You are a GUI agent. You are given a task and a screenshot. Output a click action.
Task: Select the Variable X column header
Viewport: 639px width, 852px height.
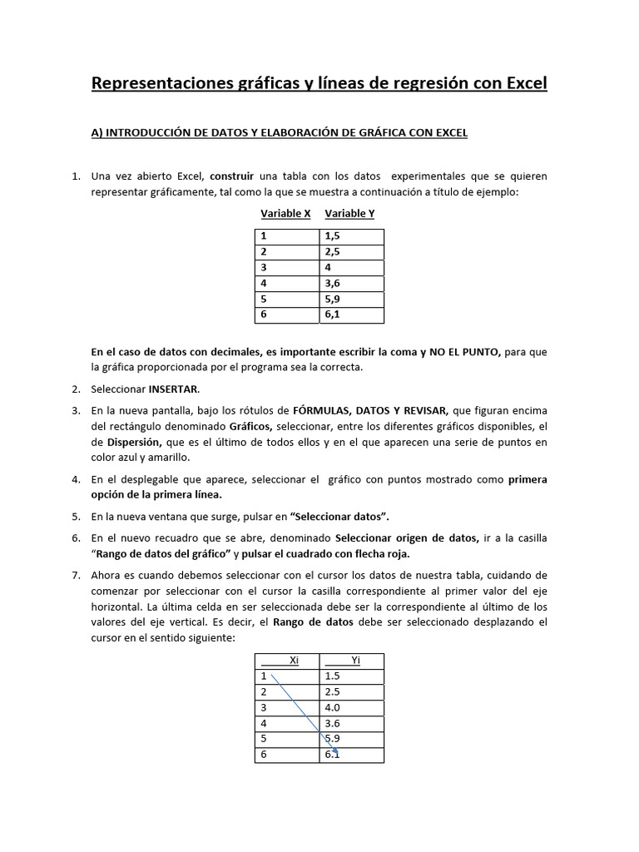tap(285, 213)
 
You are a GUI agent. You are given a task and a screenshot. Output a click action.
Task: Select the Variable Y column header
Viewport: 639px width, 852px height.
tap(349, 213)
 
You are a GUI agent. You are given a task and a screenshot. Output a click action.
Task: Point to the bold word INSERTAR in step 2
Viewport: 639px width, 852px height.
tap(174, 389)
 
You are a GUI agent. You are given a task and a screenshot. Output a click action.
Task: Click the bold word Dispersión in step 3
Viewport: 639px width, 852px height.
tap(127, 443)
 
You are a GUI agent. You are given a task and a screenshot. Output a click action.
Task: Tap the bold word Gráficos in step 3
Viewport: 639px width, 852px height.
tap(253, 427)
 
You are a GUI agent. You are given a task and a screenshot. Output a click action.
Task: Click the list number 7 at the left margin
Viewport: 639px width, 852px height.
tap(75, 575)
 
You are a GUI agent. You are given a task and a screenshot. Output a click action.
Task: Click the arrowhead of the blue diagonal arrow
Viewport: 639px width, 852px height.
tap(335, 752)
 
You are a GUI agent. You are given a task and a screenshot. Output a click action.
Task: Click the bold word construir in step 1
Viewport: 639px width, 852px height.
tap(232, 176)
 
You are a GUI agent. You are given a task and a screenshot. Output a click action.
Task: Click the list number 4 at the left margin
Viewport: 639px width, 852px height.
tap(75, 480)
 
